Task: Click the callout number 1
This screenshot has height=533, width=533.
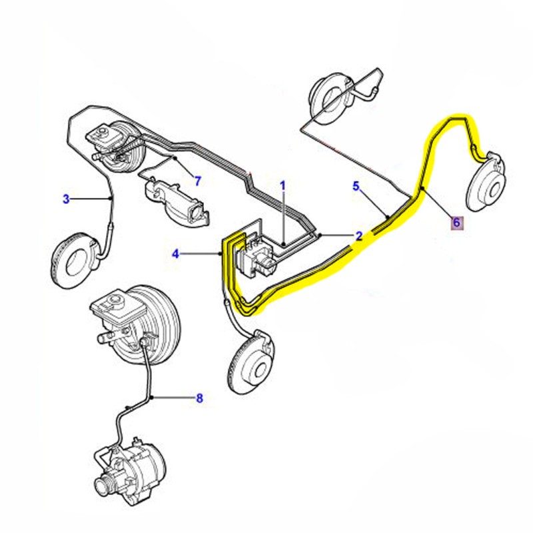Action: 282,185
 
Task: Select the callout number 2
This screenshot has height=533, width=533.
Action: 358,236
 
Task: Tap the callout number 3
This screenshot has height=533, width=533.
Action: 66,199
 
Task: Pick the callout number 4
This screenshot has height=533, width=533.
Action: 176,254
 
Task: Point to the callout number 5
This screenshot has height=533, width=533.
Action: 356,186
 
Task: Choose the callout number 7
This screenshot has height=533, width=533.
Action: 197,181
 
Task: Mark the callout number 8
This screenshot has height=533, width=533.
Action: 199,398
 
